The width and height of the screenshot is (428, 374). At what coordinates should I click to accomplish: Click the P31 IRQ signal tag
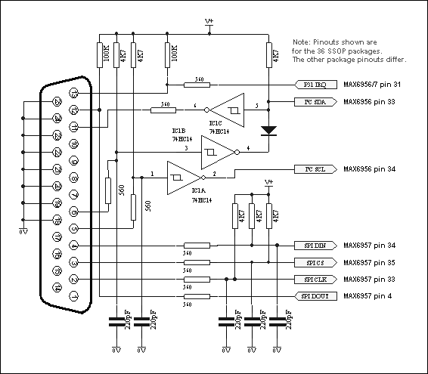point(310,85)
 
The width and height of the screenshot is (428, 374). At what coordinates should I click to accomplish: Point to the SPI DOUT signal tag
point(310,296)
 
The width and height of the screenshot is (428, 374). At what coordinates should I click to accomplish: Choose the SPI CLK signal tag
point(310,280)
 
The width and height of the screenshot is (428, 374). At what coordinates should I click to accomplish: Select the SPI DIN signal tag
point(310,246)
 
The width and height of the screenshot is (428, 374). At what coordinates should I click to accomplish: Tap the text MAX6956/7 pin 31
point(375,85)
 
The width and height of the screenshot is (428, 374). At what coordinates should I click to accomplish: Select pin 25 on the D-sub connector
point(56,102)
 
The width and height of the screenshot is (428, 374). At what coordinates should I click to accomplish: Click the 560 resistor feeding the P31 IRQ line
point(199,85)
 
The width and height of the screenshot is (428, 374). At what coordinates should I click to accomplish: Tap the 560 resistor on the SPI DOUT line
point(198,296)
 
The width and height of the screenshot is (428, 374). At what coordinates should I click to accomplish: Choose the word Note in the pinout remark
point(300,42)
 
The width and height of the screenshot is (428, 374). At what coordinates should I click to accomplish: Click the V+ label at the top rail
point(209,23)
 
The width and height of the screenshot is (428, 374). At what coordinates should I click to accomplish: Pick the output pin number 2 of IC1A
point(215,174)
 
